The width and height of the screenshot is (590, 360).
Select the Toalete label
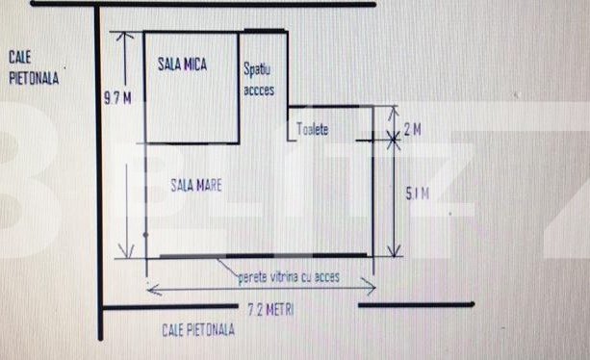point(314,129)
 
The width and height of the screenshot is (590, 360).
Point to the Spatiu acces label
point(259,80)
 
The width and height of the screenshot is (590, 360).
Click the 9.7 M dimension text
point(116,96)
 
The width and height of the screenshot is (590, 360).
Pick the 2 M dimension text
point(412,129)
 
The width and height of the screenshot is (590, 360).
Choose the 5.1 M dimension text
point(416,195)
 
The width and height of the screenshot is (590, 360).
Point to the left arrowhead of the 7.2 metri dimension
point(149,285)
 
